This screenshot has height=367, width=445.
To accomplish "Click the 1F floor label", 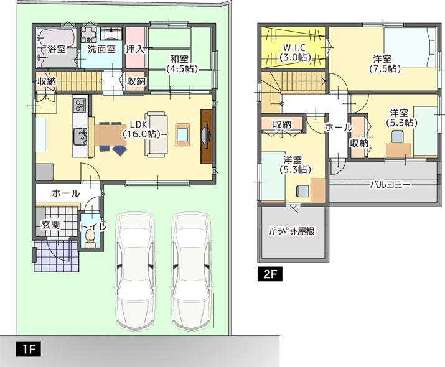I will click(27, 350).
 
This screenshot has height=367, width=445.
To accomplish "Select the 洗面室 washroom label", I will click(100, 49).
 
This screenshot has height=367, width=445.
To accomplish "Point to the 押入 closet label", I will click(136, 49).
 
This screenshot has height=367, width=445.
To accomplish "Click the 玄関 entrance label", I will click(50, 225).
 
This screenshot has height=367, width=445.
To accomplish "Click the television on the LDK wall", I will click(206, 136).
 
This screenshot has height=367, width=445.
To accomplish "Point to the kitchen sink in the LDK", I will click(80, 134).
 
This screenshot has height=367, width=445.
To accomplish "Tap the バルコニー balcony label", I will click(390, 184).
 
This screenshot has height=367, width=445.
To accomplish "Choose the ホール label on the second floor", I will click(338, 127).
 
